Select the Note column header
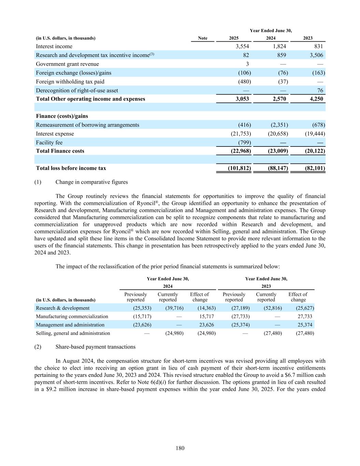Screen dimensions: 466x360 tap(203, 38)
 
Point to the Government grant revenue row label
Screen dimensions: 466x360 tap(68, 64)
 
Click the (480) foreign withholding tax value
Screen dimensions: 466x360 tap(244, 82)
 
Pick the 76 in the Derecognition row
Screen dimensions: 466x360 tap(320, 90)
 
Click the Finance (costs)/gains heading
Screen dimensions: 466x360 tap(62, 116)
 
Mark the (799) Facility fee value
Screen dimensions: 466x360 tap(244, 143)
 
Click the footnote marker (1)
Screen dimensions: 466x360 tap(38, 182)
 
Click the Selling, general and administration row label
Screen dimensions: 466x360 tap(73, 333)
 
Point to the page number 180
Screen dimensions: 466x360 tap(180, 448)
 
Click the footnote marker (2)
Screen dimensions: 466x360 tap(38, 347)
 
